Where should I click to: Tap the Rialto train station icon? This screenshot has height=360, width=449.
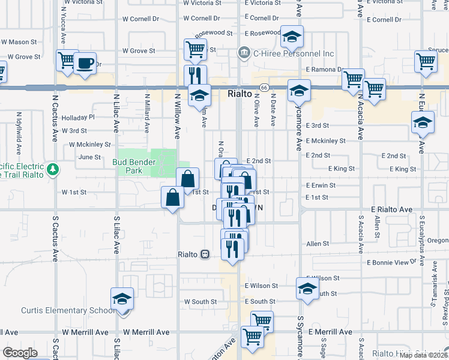(x=205, y=254)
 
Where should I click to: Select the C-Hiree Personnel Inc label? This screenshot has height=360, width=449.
(x=293, y=53)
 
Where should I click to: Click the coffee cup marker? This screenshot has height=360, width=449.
(x=85, y=64)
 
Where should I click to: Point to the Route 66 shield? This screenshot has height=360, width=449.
(x=264, y=88)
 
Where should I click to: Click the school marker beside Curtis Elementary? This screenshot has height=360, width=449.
(x=122, y=300)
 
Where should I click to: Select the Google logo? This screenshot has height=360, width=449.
(x=20, y=352)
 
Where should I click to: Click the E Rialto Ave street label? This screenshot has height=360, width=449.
(x=392, y=209)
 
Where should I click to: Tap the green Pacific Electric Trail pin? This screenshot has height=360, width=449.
(x=54, y=170)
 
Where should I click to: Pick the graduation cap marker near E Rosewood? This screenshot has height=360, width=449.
(x=292, y=37)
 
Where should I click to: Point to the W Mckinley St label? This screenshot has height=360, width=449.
(x=90, y=145)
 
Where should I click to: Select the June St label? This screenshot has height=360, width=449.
(x=89, y=157)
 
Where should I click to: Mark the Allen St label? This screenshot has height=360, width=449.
(x=318, y=244)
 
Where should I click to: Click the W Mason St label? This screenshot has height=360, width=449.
(x=19, y=42)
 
